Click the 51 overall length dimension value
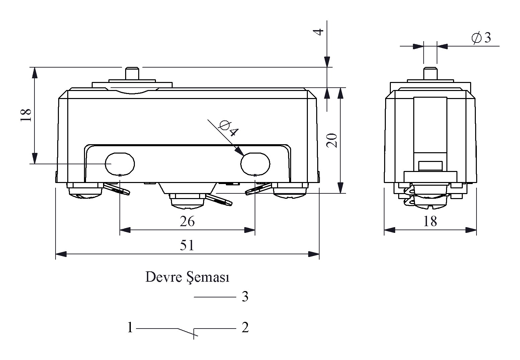pos(187,246)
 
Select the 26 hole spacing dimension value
pos(187,221)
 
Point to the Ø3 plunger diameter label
pos(481,38)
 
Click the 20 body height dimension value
pos(332,141)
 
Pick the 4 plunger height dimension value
pos(320,32)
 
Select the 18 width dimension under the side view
pos(430,221)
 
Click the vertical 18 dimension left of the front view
pos(26,115)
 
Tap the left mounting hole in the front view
pos(120,164)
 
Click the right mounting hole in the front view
pos(255,164)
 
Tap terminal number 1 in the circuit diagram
pos(130,328)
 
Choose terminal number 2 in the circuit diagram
pos(245,327)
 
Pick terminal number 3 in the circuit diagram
pos(245,297)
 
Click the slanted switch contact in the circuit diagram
pos(186,331)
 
